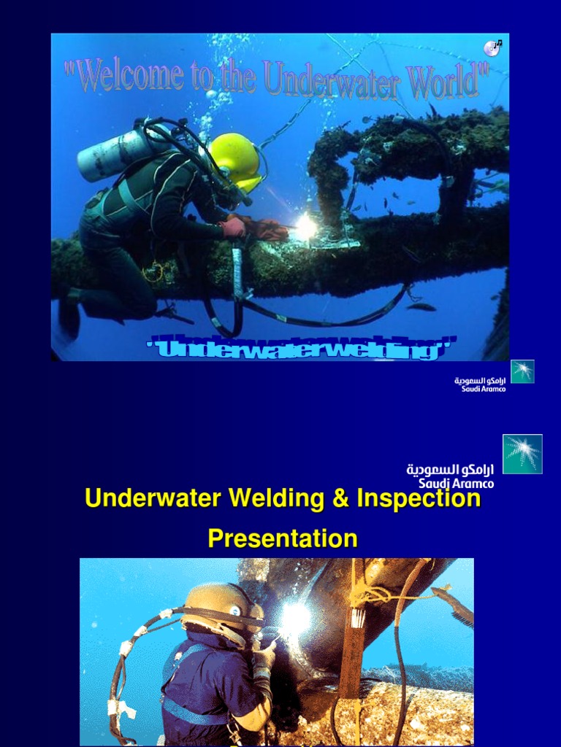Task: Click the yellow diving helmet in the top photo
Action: [235, 162]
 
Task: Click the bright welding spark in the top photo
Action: [305, 228]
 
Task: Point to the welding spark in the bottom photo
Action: [296, 619]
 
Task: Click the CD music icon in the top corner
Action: [492, 48]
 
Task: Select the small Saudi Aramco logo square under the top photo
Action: [522, 371]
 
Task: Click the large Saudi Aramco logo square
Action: [522, 454]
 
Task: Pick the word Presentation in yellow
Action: [283, 539]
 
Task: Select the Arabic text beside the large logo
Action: [450, 470]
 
